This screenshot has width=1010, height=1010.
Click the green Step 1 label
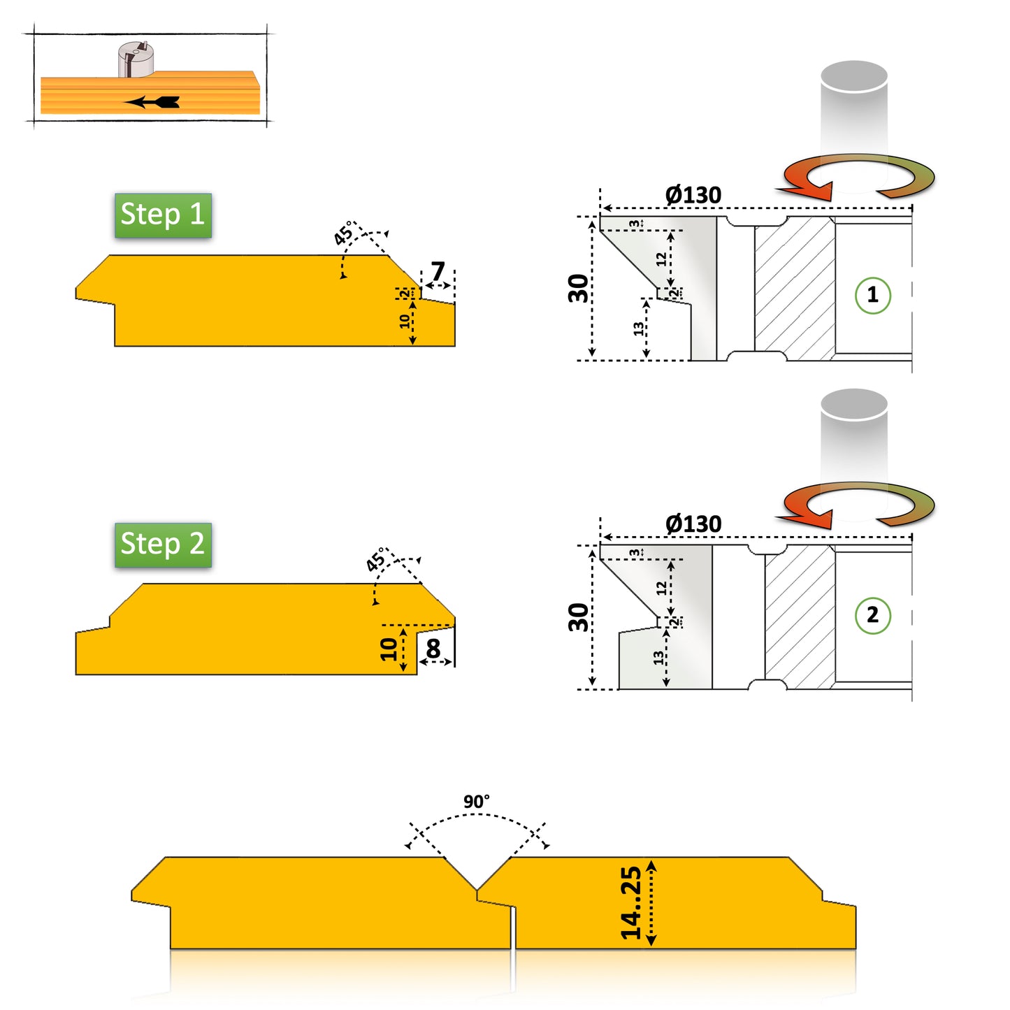tap(163, 215)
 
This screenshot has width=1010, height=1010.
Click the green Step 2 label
tap(163, 544)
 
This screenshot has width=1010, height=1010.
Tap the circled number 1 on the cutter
tap(872, 295)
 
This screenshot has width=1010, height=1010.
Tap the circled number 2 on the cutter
tap(872, 615)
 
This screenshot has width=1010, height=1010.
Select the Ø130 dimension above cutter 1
tap(693, 195)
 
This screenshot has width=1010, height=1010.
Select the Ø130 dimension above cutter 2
tap(693, 524)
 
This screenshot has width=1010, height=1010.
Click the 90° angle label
tap(477, 802)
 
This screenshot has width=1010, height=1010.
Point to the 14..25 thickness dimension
tap(631, 902)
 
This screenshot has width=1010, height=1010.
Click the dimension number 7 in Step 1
tap(438, 270)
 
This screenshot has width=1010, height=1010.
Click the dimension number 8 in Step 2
tap(433, 649)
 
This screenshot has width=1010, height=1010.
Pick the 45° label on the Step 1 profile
tap(344, 233)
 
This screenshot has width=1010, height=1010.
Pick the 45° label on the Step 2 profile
tap(376, 561)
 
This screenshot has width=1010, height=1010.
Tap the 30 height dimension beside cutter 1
tap(578, 288)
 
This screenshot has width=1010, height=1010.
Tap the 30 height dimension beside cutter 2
tap(578, 617)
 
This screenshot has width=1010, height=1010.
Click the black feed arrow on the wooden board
tap(154, 102)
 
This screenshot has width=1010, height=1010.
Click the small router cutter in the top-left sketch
tap(136, 59)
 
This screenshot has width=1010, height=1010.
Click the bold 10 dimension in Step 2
tap(389, 649)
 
